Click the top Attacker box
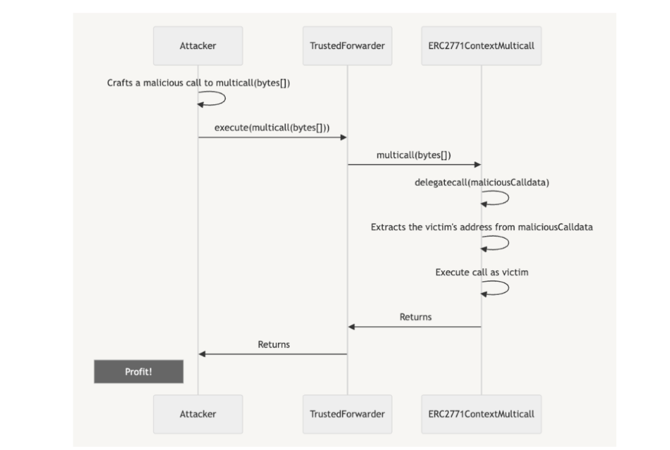click(x=198, y=46)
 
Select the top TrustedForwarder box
click(x=347, y=46)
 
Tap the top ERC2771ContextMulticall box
click(x=481, y=46)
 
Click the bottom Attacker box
click(x=198, y=414)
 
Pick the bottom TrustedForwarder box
click(x=347, y=414)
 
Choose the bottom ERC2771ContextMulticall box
click(x=481, y=414)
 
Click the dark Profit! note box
click(x=139, y=372)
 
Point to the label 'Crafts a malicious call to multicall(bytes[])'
click(x=198, y=83)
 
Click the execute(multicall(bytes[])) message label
click(x=272, y=128)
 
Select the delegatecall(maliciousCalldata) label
click(x=482, y=182)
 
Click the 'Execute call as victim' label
click(x=482, y=272)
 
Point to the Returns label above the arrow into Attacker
click(x=273, y=345)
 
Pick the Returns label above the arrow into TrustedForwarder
click(x=415, y=317)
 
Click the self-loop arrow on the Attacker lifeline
click(x=225, y=99)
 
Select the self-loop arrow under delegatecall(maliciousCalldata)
click(x=508, y=198)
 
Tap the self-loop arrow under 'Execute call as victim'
click(x=508, y=288)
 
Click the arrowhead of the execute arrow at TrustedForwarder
click(x=344, y=137)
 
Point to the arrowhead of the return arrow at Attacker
click(x=202, y=354)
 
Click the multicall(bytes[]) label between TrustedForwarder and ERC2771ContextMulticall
click(x=414, y=156)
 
